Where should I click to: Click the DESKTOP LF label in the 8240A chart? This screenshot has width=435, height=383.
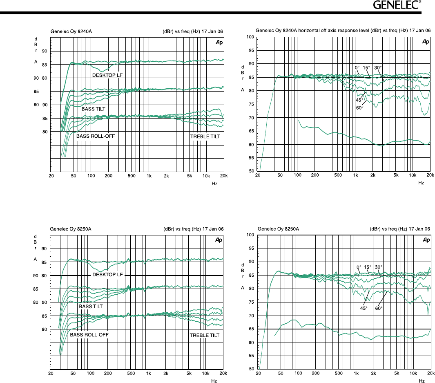[107, 75]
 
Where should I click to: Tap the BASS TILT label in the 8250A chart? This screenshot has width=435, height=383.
[91, 306]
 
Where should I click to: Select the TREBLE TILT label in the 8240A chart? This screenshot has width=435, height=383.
[205, 136]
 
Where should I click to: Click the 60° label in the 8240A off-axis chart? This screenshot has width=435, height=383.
[359, 108]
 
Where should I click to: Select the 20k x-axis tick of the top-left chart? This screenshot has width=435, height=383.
[223, 176]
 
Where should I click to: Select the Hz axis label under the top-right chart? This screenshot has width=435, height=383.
[421, 183]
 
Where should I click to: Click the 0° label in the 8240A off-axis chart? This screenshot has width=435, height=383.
[357, 67]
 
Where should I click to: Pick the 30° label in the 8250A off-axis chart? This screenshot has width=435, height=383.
[379, 267]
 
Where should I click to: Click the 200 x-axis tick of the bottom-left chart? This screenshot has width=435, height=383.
[108, 374]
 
